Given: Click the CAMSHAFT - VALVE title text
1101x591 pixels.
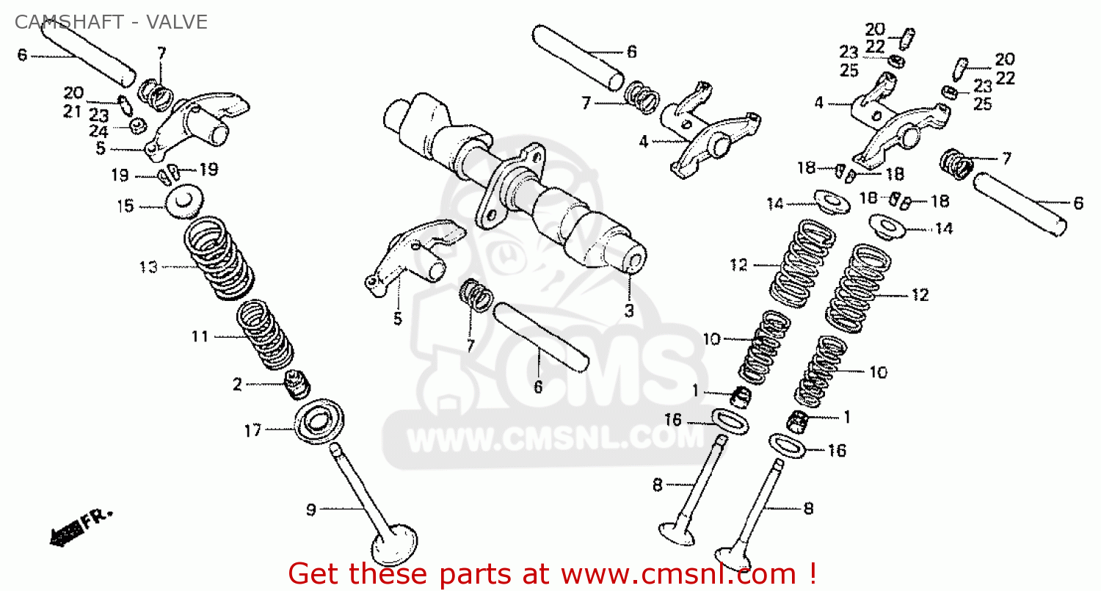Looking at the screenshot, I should (x=110, y=22).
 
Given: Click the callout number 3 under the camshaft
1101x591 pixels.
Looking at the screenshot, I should (x=629, y=311).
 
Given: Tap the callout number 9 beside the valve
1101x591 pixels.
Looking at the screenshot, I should (x=311, y=509).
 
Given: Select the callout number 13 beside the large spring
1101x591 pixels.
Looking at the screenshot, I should (x=148, y=267).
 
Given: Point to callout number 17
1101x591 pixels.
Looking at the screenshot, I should (x=252, y=431).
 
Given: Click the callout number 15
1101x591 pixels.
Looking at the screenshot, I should (x=126, y=206).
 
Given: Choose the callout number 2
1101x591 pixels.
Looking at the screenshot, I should (x=237, y=384).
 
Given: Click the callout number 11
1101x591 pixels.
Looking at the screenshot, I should (x=200, y=337).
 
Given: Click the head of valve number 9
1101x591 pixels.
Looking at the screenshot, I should (x=395, y=547).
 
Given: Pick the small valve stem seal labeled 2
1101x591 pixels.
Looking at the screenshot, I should (x=298, y=384).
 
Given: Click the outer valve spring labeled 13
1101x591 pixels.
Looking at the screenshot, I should (x=218, y=257).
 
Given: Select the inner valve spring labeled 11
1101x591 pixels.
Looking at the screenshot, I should (x=264, y=334).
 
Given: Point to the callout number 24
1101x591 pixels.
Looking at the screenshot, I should (x=98, y=132).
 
